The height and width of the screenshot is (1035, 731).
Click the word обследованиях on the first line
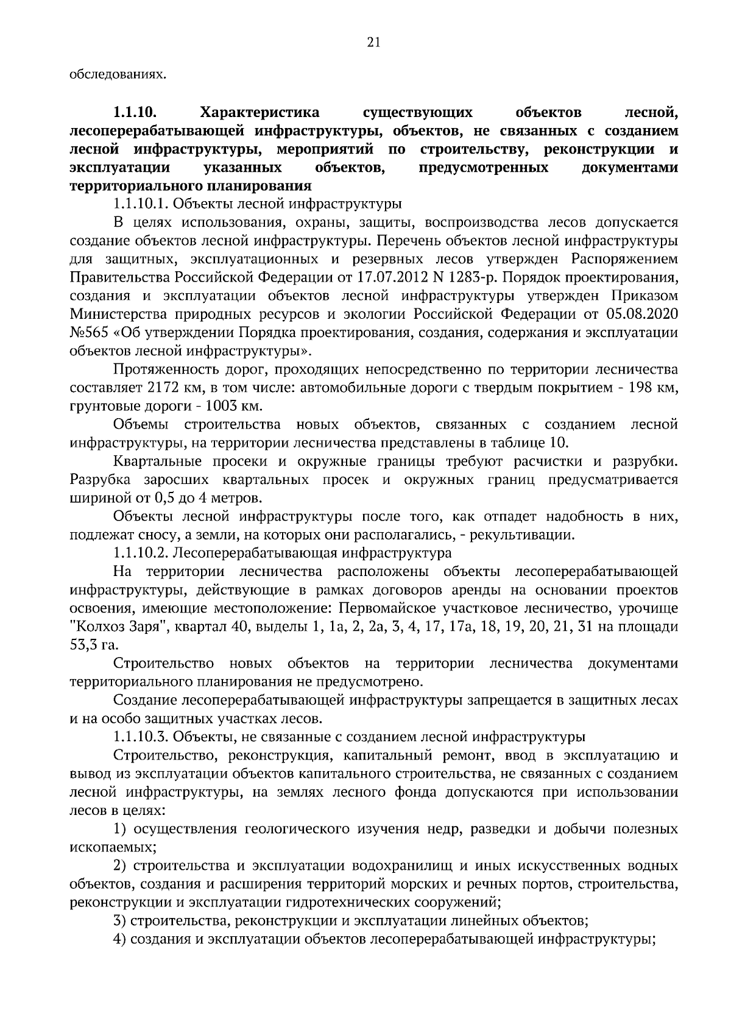[117, 75]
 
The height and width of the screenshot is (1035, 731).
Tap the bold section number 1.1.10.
[135, 113]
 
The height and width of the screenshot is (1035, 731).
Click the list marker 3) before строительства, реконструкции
[120, 922]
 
